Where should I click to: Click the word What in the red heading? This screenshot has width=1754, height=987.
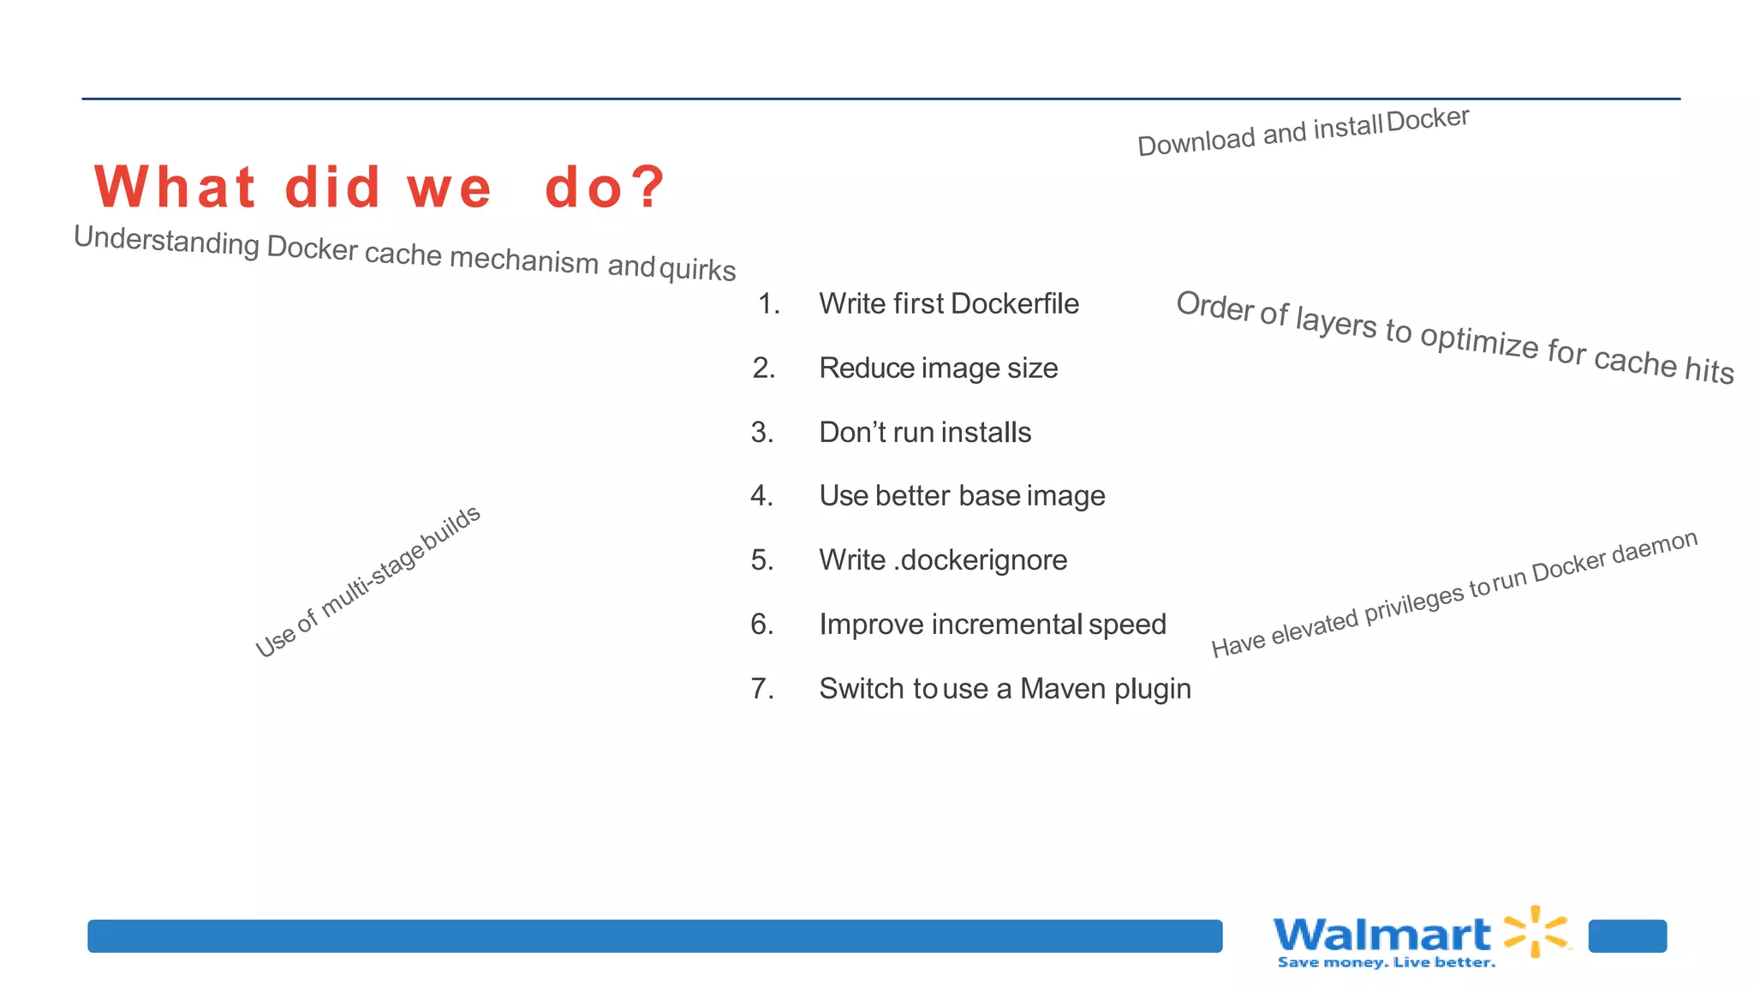tap(175, 187)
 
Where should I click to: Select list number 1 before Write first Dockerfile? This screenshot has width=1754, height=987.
tap(768, 303)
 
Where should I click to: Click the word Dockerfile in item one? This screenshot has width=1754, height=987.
tap(1014, 303)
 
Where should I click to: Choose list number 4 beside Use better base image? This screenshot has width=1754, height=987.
tap(761, 495)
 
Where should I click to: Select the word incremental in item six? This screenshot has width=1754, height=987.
tap(1005, 624)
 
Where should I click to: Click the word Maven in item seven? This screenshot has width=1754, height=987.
tap(1062, 688)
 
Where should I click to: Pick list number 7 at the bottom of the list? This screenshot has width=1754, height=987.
tap(761, 688)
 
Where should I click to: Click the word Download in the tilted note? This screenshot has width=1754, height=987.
tap(1196, 141)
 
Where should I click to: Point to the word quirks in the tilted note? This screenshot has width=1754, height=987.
tap(697, 269)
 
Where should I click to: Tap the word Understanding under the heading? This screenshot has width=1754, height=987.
tap(166, 240)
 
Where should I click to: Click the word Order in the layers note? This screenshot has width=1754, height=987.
tap(1214, 305)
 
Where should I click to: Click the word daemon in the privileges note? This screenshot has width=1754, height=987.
tap(1654, 547)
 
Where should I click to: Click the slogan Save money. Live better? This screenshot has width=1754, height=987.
tap(1386, 963)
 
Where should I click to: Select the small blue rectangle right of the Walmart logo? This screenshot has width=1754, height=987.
tap(1627, 936)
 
